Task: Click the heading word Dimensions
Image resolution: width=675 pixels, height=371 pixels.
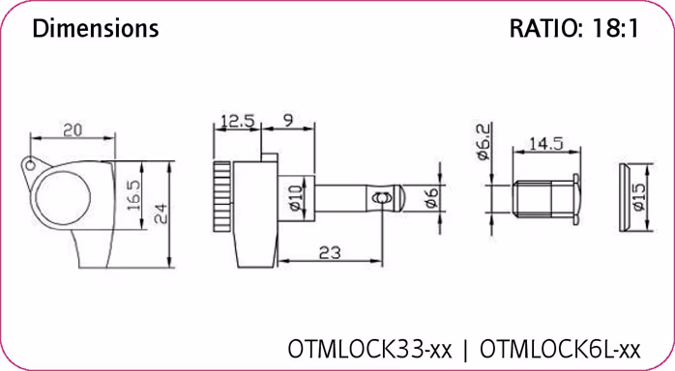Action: point(95,29)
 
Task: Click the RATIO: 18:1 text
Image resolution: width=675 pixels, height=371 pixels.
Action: point(573,29)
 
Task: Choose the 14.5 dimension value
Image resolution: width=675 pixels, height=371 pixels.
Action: point(545,145)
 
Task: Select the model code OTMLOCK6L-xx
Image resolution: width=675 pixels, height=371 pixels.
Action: point(560,346)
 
